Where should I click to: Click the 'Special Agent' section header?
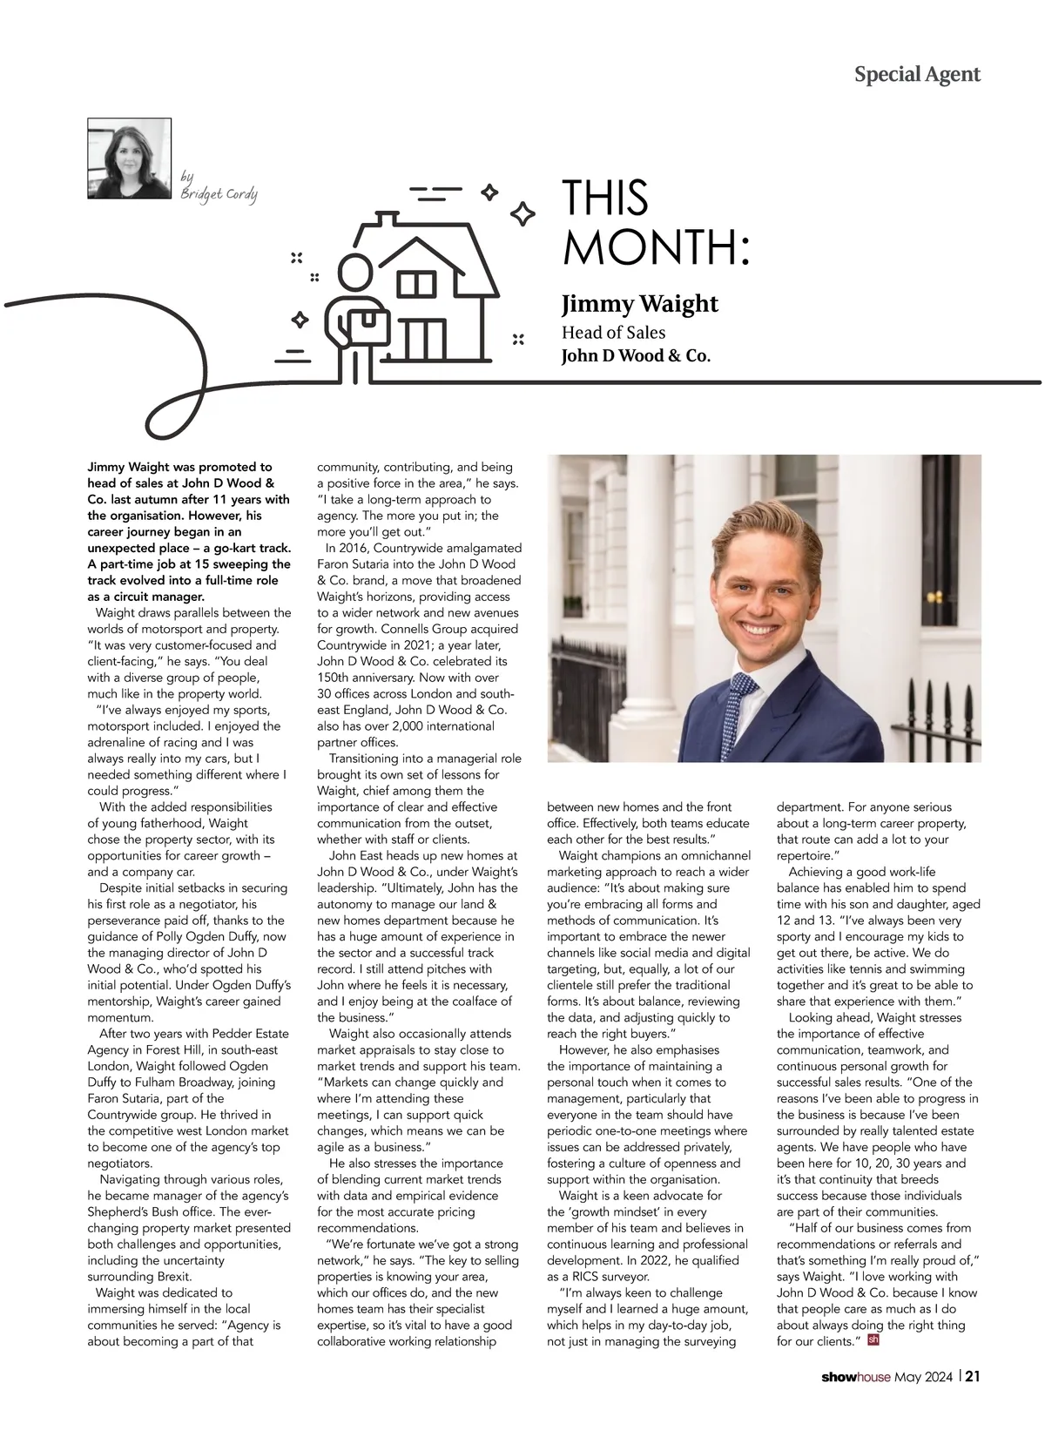click(x=917, y=75)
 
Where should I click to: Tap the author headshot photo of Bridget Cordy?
click(x=130, y=159)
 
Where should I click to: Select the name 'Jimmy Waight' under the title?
click(x=639, y=304)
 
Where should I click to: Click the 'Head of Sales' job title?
click(x=613, y=333)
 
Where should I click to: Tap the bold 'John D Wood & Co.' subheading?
click(x=636, y=355)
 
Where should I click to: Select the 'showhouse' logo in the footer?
click(x=855, y=1378)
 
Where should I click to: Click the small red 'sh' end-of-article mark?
click(x=873, y=1339)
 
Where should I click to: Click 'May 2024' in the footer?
click(x=924, y=1378)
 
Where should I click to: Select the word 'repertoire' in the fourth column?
click(x=805, y=856)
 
